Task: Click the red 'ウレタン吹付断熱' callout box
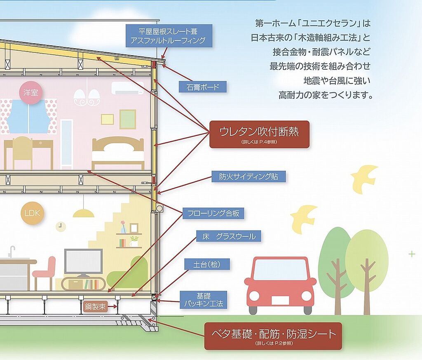[x=259, y=134]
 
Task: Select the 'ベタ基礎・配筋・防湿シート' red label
[x=273, y=335]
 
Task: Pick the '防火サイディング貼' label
[x=249, y=176]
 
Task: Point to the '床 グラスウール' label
[x=228, y=236]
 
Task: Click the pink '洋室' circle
[x=30, y=92]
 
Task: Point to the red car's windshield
[x=280, y=270]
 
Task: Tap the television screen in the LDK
[x=83, y=261]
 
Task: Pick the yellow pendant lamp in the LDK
[x=83, y=212]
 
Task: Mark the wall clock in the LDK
[x=61, y=226]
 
